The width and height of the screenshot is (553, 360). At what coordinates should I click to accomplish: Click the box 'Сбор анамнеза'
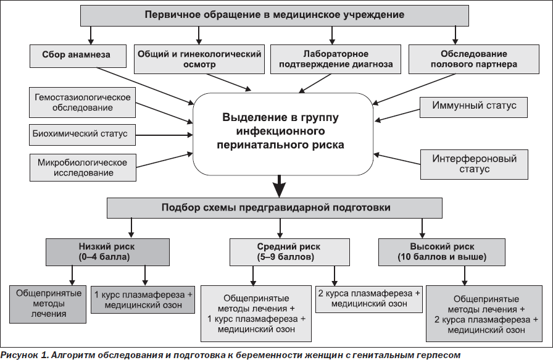(x=78, y=56)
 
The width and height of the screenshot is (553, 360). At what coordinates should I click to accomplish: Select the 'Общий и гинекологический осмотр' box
(x=199, y=59)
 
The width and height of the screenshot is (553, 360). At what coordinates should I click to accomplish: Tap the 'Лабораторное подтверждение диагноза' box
(x=335, y=59)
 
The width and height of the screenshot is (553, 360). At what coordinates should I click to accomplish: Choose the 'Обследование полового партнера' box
(x=473, y=59)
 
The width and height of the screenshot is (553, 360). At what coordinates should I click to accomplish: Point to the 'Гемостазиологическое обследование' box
(x=82, y=103)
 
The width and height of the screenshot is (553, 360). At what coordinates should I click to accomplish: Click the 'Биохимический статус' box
(x=82, y=135)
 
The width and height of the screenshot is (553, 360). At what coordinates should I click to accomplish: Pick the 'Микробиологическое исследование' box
(x=83, y=167)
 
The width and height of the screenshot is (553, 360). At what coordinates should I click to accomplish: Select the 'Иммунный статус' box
(x=473, y=107)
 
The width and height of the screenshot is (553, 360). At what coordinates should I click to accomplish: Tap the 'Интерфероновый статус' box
(x=474, y=164)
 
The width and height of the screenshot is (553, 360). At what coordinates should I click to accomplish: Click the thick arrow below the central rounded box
(x=280, y=186)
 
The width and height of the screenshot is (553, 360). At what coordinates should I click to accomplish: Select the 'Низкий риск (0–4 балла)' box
(x=107, y=252)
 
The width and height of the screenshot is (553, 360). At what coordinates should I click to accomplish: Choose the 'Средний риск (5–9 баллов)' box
(x=289, y=252)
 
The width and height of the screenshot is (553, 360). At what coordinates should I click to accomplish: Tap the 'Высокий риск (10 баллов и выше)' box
(x=441, y=252)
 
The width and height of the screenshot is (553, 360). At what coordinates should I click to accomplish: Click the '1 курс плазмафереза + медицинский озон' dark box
(x=143, y=299)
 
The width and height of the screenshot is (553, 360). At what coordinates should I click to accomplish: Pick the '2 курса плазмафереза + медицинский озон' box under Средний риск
(x=369, y=299)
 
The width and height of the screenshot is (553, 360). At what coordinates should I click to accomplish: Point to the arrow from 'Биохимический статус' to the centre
(x=164, y=135)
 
